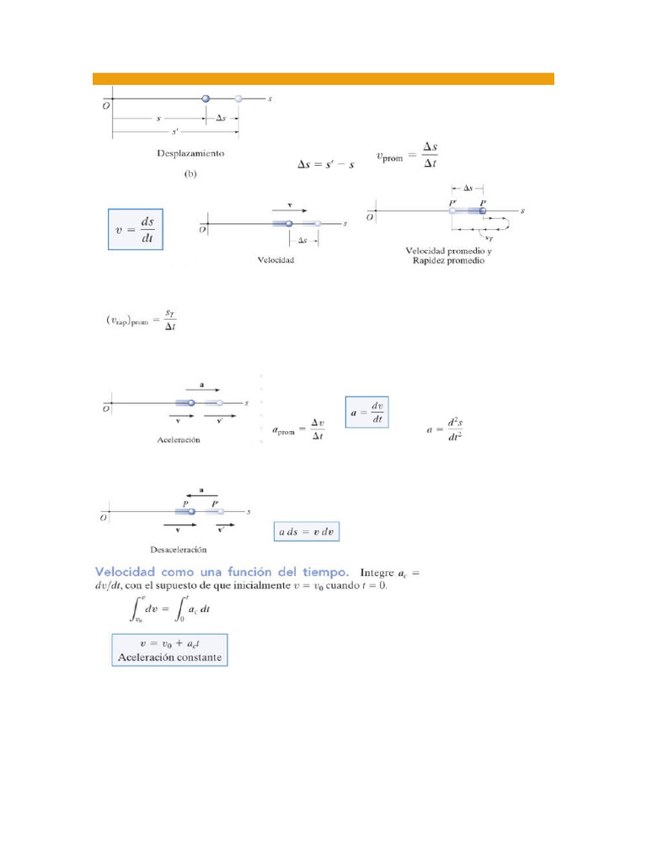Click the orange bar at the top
coord(323,79)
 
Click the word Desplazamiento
coord(190,154)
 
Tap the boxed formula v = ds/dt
coord(136,228)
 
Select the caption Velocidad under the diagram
coord(275,260)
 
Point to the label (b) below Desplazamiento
coord(190,174)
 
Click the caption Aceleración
coord(179,440)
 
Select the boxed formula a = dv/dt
coord(367,412)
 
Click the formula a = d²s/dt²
coord(445,429)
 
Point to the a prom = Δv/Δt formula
coord(299,428)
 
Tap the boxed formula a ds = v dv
coord(308,532)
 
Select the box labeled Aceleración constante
coord(169,648)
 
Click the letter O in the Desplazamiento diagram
coord(106,105)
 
